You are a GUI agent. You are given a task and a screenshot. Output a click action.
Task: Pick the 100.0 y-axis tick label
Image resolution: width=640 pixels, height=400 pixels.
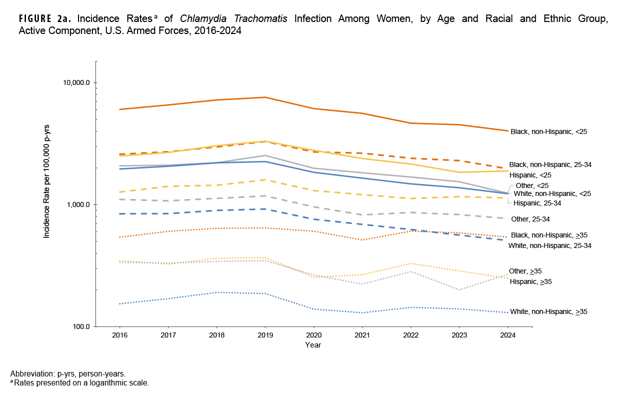click(79, 326)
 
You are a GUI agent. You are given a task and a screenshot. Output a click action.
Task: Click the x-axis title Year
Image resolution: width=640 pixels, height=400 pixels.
click(313, 344)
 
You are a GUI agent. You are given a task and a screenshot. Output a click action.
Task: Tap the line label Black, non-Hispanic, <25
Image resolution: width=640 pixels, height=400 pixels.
click(548, 132)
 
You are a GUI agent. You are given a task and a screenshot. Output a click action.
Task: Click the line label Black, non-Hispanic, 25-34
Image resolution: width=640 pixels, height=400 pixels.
click(550, 164)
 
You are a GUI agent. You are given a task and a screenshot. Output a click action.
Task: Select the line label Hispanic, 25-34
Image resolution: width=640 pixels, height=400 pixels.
click(537, 203)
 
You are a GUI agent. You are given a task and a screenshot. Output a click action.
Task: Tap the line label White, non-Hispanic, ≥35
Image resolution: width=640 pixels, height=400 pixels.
click(548, 311)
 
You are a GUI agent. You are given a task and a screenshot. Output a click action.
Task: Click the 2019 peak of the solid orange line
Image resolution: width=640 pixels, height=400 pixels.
click(264, 97)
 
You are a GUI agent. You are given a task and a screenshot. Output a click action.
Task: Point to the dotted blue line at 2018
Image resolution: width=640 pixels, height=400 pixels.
click(216, 292)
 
